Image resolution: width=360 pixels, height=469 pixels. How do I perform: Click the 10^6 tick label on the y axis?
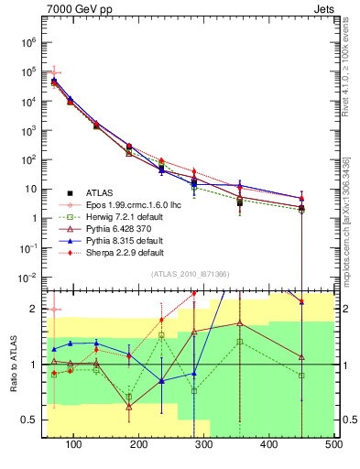click(x=28, y=42)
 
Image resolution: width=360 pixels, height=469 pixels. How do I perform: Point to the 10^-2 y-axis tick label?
click(x=28, y=277)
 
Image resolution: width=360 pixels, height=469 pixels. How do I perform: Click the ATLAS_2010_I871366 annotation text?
click(x=191, y=274)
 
